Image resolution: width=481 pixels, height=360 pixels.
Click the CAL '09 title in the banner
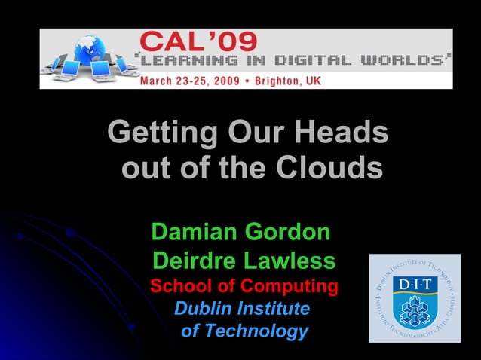[198, 41]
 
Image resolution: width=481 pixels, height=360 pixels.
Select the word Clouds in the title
[329, 168]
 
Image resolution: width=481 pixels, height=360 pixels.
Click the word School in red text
[183, 287]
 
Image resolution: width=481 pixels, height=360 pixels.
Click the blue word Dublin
[203, 309]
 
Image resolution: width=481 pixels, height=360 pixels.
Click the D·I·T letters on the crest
[415, 285]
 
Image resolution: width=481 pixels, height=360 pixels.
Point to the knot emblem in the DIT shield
[414, 310]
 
